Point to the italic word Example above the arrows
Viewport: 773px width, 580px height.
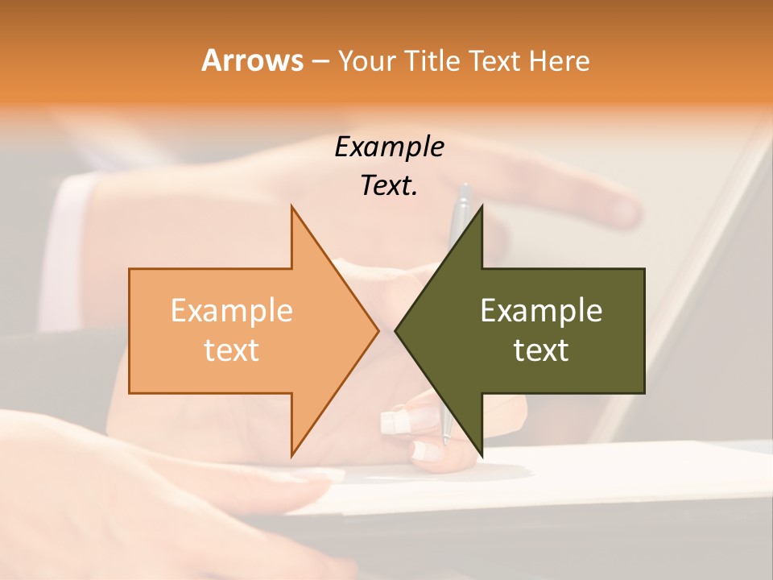[390, 147]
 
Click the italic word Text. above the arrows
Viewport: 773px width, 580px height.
[390, 185]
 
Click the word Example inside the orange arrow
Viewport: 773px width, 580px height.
[231, 310]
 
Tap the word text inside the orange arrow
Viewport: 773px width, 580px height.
[231, 350]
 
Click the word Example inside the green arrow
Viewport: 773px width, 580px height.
[541, 310]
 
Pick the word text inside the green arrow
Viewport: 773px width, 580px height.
[541, 350]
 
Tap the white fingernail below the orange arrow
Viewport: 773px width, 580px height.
[391, 420]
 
